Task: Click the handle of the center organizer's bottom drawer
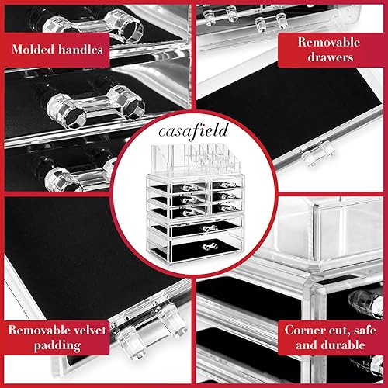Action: pos(208,246)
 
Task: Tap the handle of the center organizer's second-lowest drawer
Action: pos(208,227)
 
